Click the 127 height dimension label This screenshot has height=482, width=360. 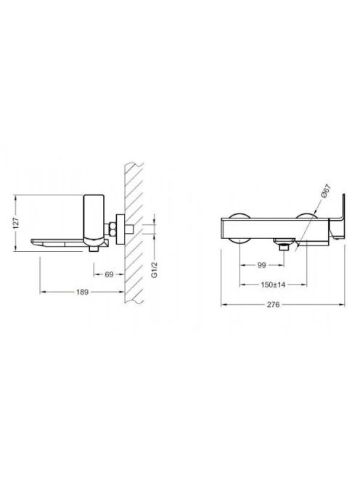pos(16,223)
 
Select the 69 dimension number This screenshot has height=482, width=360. pos(109,274)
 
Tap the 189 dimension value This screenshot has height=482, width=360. pos(82,292)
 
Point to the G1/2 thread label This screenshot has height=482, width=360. pos(155,270)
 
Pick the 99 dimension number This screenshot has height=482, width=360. pos(261,265)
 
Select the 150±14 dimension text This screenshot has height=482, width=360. pos(273,285)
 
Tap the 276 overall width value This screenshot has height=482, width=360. pos(273,304)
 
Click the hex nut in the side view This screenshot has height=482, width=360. pos(109,229)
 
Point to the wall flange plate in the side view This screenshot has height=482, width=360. pos(120,229)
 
